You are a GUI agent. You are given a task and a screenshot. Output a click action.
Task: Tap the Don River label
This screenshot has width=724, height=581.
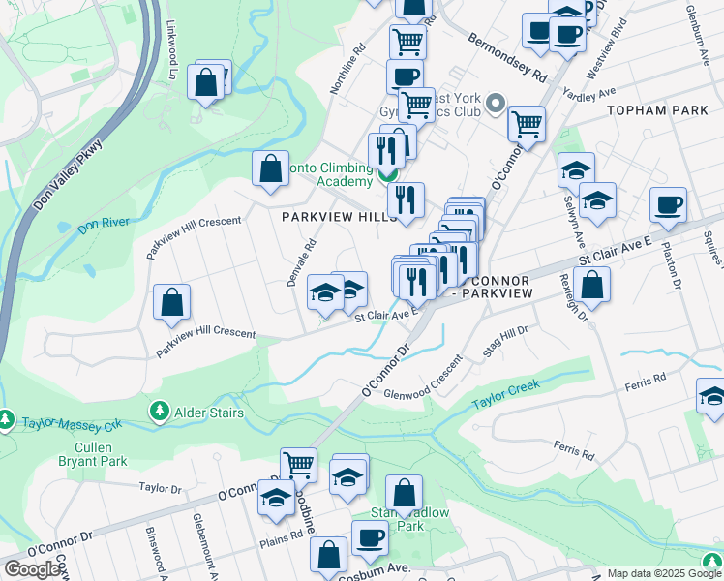click(104, 224)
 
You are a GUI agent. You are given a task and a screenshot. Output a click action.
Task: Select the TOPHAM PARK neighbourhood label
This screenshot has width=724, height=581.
click(658, 110)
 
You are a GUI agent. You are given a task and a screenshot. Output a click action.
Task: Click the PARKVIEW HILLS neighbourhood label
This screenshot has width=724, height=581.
click(340, 218)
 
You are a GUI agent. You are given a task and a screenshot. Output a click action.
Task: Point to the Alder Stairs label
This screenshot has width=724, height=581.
click(208, 413)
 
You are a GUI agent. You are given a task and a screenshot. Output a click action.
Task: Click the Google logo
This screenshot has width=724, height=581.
click(33, 569)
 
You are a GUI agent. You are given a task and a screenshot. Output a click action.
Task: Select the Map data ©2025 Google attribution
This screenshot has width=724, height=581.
click(654, 573)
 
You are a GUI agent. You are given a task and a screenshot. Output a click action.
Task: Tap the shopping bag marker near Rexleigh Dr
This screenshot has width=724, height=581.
click(591, 285)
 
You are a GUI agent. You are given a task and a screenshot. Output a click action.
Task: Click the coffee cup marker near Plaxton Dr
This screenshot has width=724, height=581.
click(668, 205)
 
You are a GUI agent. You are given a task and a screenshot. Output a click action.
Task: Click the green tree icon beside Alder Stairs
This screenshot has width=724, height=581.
click(158, 413)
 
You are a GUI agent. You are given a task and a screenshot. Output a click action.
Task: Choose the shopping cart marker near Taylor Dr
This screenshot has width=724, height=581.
click(299, 465)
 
